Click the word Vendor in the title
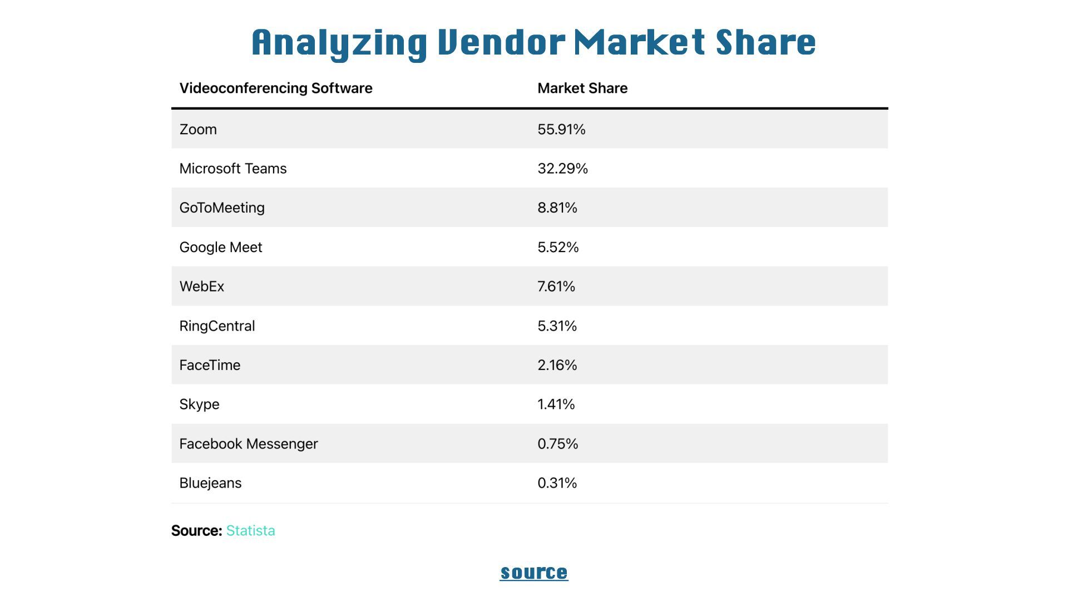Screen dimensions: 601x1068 click(x=501, y=42)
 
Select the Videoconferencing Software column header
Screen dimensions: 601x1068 click(x=276, y=88)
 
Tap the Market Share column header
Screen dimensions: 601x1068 click(x=582, y=88)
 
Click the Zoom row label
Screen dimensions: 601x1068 click(x=198, y=129)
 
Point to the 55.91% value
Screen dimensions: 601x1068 click(x=561, y=129)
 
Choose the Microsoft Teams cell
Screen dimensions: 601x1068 click(x=233, y=169)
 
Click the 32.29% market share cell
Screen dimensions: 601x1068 click(x=562, y=169)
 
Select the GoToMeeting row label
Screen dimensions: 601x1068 click(x=222, y=208)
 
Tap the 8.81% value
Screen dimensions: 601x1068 click(x=557, y=208)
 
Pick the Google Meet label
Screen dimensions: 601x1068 click(x=221, y=247)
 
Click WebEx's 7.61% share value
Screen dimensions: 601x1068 click(x=556, y=287)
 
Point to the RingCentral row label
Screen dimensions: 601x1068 click(x=217, y=326)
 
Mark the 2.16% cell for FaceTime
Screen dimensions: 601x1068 click(x=557, y=365)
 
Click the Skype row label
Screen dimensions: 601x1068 click(x=199, y=405)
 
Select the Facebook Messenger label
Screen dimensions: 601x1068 click(x=249, y=444)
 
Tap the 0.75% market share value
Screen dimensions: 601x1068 click(x=558, y=444)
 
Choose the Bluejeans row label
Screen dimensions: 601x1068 click(x=210, y=483)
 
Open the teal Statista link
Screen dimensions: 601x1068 click(x=250, y=530)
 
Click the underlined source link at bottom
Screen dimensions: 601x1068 click(x=534, y=572)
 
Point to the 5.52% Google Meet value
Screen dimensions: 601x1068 click(x=558, y=247)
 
